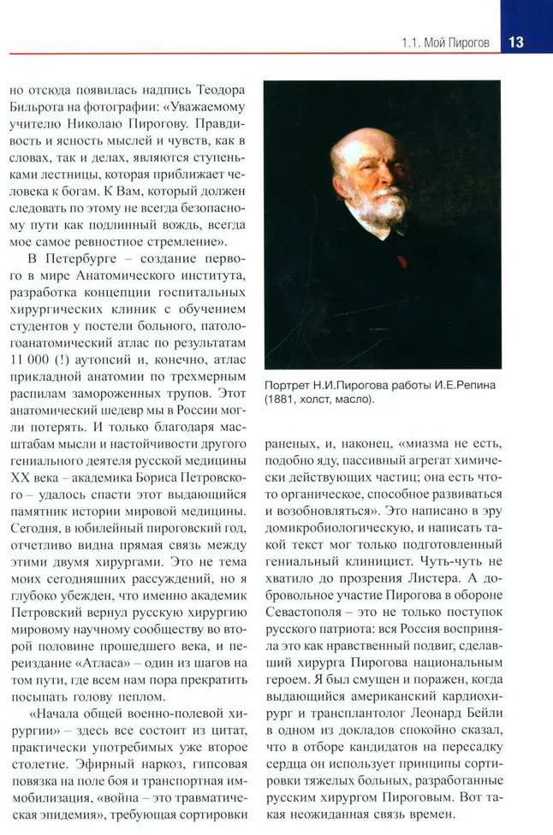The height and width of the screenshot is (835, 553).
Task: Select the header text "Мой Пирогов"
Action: click(x=457, y=44)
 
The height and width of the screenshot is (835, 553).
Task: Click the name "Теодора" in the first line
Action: click(x=215, y=88)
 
